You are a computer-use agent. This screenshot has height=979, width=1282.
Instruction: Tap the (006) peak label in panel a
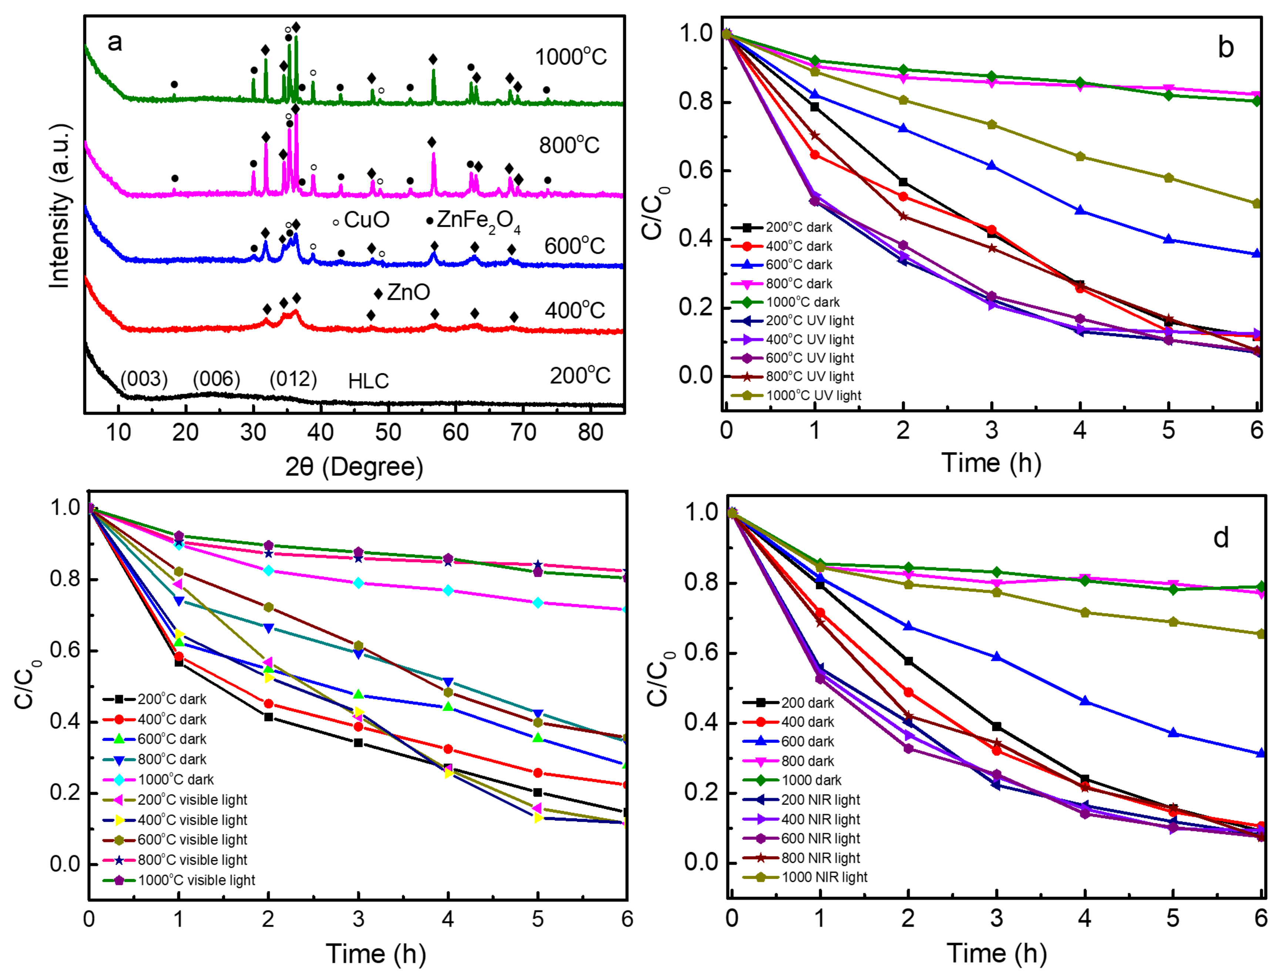(x=216, y=379)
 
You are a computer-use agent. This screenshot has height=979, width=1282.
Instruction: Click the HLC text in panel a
(x=368, y=382)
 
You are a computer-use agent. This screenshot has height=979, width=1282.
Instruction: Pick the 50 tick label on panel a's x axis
(x=387, y=433)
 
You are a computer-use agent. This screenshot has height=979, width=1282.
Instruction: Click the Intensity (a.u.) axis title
(x=60, y=206)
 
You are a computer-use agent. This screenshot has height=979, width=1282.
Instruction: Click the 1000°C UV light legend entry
(x=813, y=396)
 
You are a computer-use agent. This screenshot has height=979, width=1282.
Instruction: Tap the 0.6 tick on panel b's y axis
(x=696, y=170)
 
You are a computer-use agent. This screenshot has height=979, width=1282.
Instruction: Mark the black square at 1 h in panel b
(x=815, y=107)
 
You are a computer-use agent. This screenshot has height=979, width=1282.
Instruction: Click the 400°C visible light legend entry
(x=192, y=820)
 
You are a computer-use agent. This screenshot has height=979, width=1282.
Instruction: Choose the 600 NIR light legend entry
(x=820, y=838)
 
